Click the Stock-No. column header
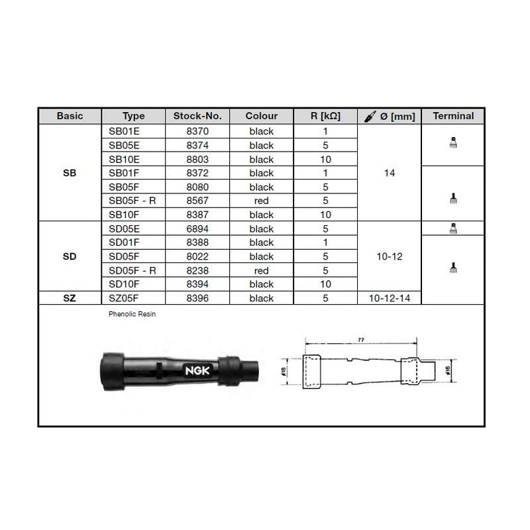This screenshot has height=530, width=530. pyautogui.click(x=197, y=116)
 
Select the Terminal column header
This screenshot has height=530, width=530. pyautogui.click(x=453, y=116)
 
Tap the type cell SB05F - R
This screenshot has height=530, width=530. pyautogui.click(x=132, y=201)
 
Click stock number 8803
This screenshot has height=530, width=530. pyautogui.click(x=197, y=159)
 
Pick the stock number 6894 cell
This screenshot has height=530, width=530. pyautogui.click(x=197, y=229)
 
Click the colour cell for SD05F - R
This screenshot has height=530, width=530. pyautogui.click(x=261, y=270)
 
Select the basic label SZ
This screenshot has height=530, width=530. pyautogui.click(x=70, y=298)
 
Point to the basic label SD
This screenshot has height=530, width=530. pyautogui.click(x=70, y=256)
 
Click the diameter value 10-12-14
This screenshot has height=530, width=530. pyautogui.click(x=390, y=298)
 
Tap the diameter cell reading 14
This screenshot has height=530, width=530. pyautogui.click(x=390, y=173)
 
